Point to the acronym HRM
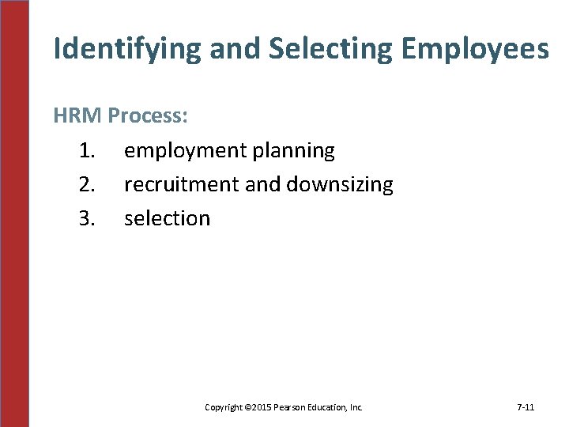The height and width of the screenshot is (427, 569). (x=77, y=116)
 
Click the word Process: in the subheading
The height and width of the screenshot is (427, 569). (x=148, y=116)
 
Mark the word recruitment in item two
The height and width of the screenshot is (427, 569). (x=182, y=184)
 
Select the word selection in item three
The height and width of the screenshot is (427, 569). (x=168, y=218)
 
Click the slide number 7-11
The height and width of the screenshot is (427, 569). (x=526, y=407)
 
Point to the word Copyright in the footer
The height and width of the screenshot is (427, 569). (x=223, y=407)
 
